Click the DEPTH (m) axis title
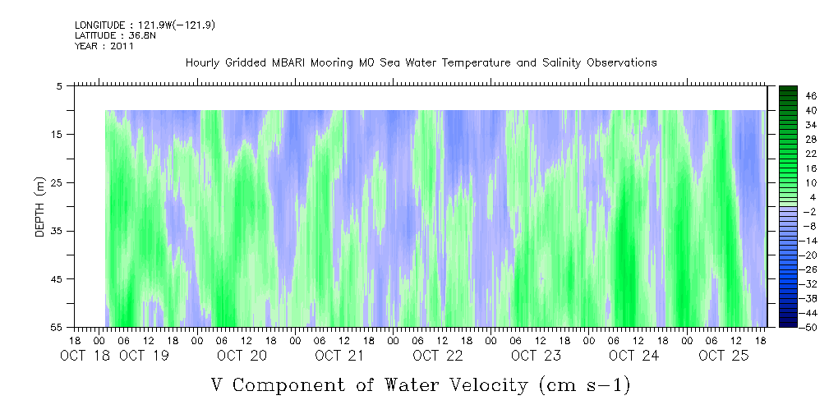pyautogui.click(x=40, y=207)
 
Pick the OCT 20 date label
pyautogui.click(x=242, y=356)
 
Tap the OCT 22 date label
pyautogui.click(x=438, y=356)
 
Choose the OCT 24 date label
pyautogui.click(x=634, y=356)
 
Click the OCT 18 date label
pyautogui.click(x=85, y=356)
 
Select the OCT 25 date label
pyautogui.click(x=724, y=356)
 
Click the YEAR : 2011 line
pyautogui.click(x=104, y=46)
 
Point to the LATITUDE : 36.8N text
pyautogui.click(x=115, y=35)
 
